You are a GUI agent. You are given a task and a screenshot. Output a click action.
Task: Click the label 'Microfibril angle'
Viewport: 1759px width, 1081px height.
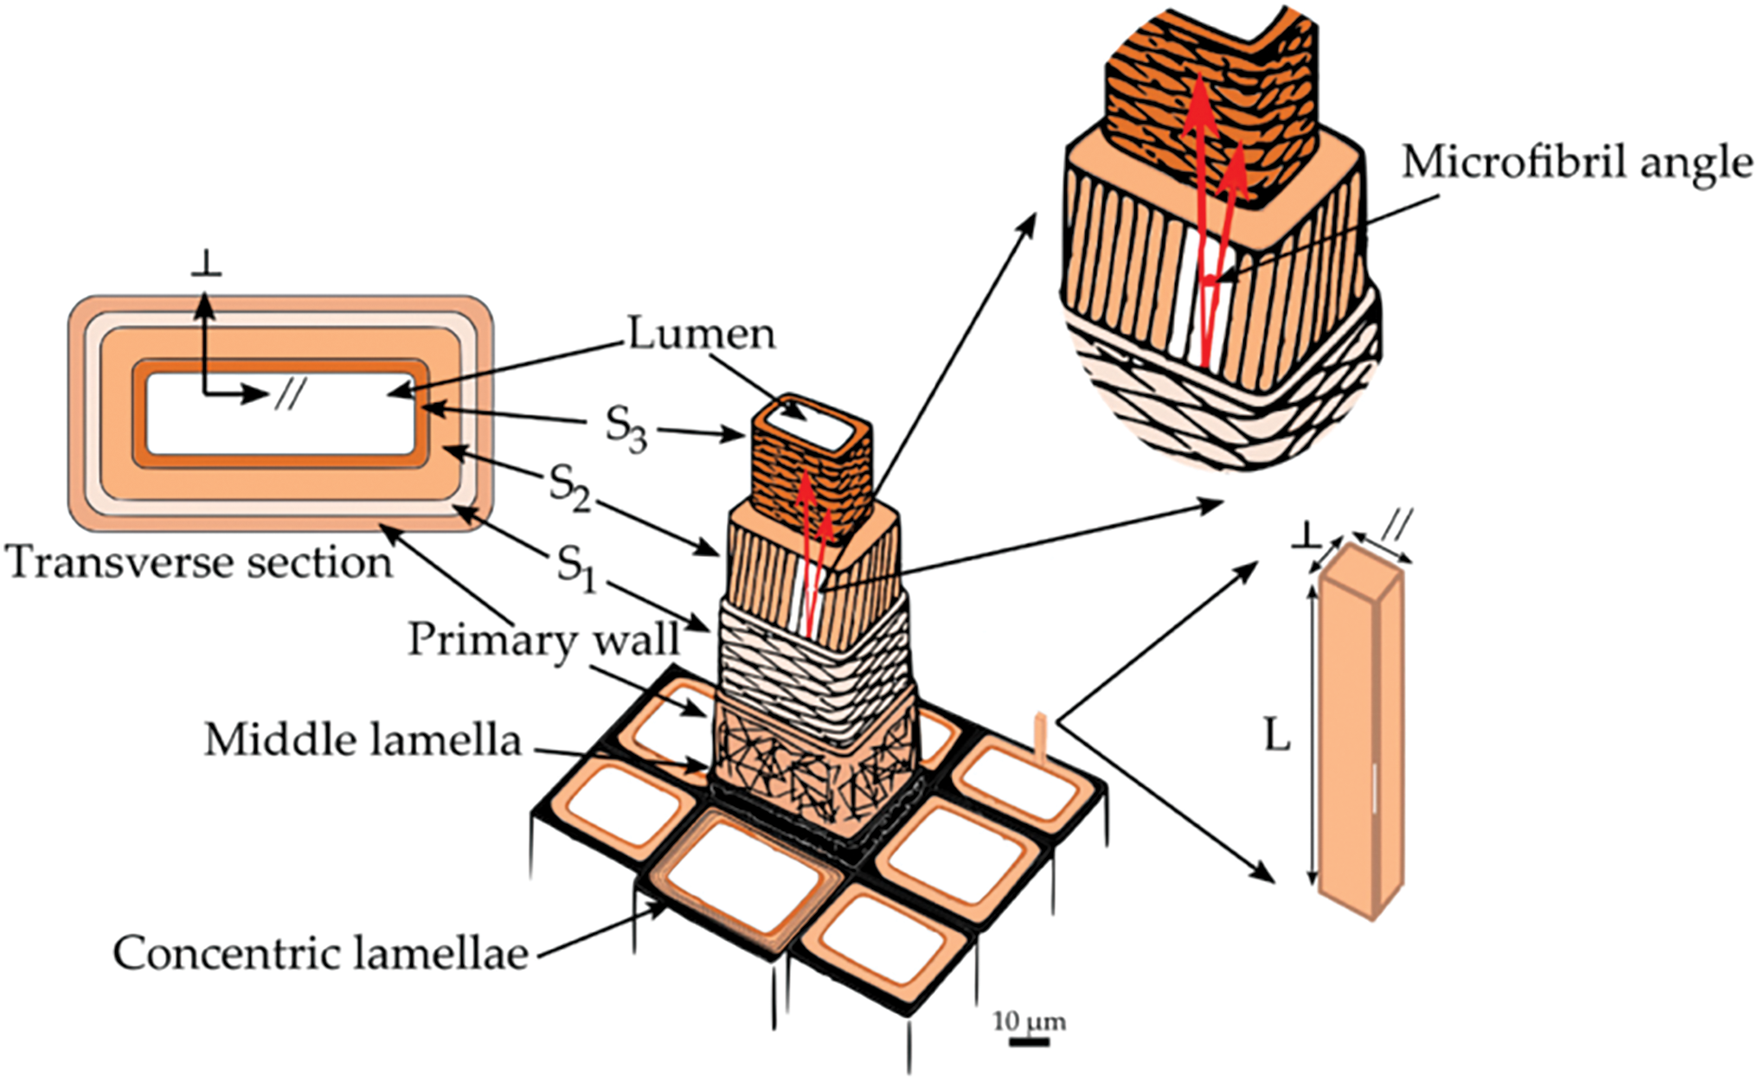pos(1576,163)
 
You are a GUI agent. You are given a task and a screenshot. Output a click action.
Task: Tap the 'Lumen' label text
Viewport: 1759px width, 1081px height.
pos(701,334)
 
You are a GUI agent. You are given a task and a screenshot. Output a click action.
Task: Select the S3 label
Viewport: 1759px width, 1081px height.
pos(625,427)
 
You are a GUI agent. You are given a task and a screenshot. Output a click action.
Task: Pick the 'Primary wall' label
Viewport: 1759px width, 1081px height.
pos(543,640)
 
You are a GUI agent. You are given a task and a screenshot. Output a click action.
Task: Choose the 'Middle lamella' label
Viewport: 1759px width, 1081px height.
pos(363,740)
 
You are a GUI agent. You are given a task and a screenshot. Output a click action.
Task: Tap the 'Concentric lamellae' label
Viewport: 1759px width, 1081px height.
pos(320,953)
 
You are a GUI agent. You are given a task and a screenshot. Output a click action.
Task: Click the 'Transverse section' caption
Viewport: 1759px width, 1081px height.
pos(199,563)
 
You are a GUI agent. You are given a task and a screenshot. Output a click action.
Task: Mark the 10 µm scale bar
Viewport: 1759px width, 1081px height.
pos(1029,1041)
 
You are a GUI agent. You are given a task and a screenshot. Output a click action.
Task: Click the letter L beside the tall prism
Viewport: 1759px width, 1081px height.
pos(1277,736)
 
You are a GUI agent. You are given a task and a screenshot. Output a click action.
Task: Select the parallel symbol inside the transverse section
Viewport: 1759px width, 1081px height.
pos(289,396)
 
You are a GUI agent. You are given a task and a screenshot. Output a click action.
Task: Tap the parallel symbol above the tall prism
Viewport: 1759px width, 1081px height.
pos(1397,522)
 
